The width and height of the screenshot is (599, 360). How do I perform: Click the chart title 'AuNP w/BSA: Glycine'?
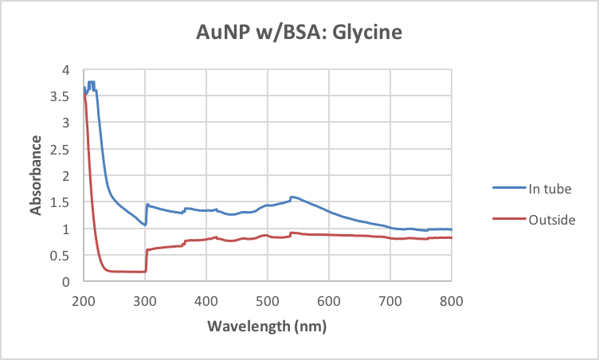299,33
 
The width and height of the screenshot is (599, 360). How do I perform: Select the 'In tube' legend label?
550,188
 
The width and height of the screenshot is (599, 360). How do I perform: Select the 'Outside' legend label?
552,220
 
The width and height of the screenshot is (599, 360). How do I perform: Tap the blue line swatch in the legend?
507,188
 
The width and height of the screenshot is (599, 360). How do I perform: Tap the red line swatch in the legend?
507,220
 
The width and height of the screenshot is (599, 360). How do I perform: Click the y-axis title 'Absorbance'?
36,175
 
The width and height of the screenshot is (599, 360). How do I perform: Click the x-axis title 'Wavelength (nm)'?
267,327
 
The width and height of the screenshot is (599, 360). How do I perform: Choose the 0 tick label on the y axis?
71,281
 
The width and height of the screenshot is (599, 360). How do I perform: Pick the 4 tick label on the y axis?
71,70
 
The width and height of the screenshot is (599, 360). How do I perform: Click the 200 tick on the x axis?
84,300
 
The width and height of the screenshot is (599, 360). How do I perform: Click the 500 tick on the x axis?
268,300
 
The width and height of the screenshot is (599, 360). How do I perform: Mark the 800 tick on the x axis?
452,300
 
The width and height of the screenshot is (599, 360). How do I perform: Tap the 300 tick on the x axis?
145,300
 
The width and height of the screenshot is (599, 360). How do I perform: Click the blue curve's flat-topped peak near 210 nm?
91,82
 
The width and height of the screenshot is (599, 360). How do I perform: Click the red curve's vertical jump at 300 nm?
146,260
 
